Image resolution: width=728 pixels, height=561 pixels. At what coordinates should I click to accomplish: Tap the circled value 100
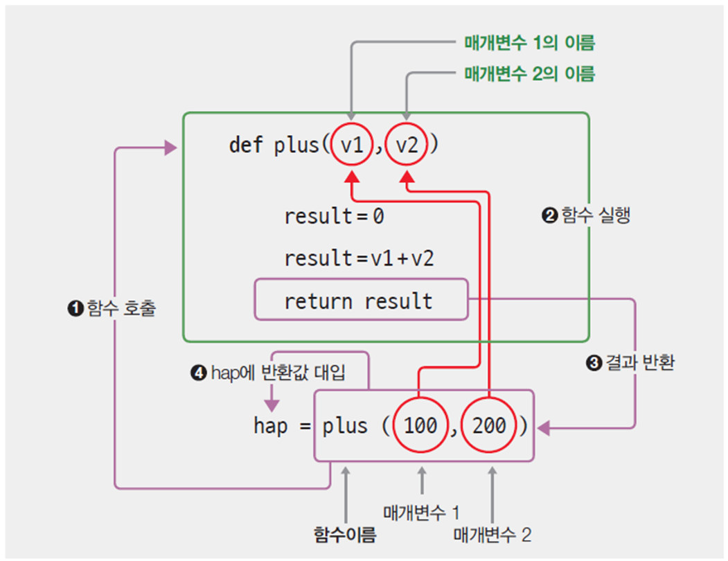coord(420,425)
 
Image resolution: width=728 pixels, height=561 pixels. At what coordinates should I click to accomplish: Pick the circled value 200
coord(490,425)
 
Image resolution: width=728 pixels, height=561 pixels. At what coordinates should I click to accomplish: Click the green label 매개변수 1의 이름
coord(529,44)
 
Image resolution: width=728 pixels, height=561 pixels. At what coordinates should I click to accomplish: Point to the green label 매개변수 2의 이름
coord(529,73)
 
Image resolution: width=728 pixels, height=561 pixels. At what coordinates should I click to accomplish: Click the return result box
coord(361,301)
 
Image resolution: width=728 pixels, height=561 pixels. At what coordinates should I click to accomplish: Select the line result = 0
coord(334,217)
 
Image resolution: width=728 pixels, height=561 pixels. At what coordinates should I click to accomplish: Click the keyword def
coord(246,146)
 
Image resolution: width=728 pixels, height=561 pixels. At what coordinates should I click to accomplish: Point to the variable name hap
coord(270,426)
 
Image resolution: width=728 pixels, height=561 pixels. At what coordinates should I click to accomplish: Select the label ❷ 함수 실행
coord(585,217)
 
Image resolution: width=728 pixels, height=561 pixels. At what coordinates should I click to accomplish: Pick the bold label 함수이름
coord(345,534)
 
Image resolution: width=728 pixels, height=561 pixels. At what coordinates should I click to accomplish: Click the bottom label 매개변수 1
coord(421,513)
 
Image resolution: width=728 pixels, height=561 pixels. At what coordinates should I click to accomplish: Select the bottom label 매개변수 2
coord(492,534)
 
